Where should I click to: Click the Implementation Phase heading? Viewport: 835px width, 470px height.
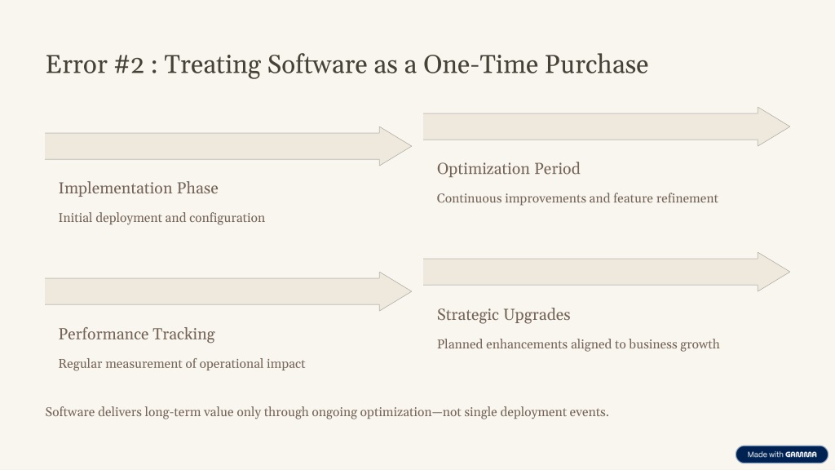(139, 188)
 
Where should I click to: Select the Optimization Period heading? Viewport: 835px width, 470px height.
(509, 168)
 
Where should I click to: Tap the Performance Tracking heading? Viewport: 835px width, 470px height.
(137, 334)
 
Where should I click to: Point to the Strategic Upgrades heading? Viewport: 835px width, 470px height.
(504, 314)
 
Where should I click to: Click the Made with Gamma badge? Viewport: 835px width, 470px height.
(782, 454)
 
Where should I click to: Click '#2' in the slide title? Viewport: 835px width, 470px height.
(129, 64)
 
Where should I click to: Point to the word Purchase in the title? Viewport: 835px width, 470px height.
(596, 64)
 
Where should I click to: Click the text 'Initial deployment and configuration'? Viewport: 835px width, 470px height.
(161, 218)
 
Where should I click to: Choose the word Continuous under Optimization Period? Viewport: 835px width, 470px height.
(469, 198)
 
